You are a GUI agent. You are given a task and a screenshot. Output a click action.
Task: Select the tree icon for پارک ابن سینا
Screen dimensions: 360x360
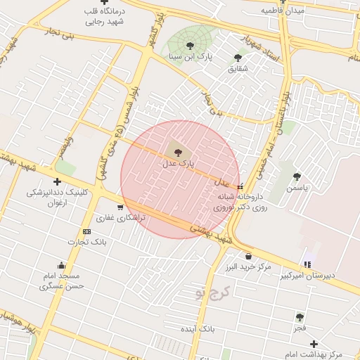tap(191, 46)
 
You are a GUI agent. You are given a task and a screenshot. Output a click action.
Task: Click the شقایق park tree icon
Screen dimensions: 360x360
tap(238, 58)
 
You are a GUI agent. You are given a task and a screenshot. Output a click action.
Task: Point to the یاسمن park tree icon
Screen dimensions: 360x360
tap(297, 176)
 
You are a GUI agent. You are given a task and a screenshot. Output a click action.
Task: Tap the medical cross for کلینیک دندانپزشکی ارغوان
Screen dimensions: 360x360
tap(57, 182)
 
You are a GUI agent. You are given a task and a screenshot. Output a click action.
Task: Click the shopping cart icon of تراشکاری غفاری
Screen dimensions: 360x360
tap(120, 207)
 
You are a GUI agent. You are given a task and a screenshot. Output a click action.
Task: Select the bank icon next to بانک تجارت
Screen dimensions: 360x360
tap(86, 231)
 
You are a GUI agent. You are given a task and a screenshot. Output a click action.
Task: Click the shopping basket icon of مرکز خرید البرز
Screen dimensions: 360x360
tap(248, 256)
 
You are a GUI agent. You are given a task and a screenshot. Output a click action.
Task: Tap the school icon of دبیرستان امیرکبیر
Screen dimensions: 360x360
tap(307, 264)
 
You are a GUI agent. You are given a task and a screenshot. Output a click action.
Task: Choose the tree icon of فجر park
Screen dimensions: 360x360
tap(300, 317)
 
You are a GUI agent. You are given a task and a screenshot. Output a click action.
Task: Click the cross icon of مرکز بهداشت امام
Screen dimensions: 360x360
tap(314, 343)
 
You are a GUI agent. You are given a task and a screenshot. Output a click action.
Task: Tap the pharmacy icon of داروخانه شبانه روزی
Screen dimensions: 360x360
tap(242, 186)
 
